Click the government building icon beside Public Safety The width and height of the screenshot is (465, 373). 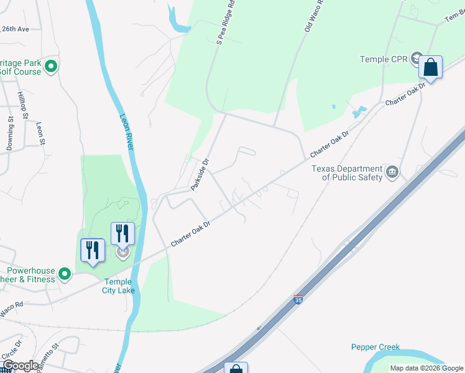click(392, 172)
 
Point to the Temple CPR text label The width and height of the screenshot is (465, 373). click(384, 59)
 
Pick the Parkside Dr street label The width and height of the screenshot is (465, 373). click(201, 175)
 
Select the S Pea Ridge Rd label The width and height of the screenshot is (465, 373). click(226, 22)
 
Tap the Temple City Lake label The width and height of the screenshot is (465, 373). click(118, 285)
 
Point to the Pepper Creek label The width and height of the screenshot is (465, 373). click(375, 347)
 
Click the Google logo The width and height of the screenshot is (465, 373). click(21, 366)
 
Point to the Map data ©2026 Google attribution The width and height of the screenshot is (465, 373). click(426, 368)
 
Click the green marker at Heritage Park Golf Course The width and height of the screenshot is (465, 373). click(51, 65)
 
